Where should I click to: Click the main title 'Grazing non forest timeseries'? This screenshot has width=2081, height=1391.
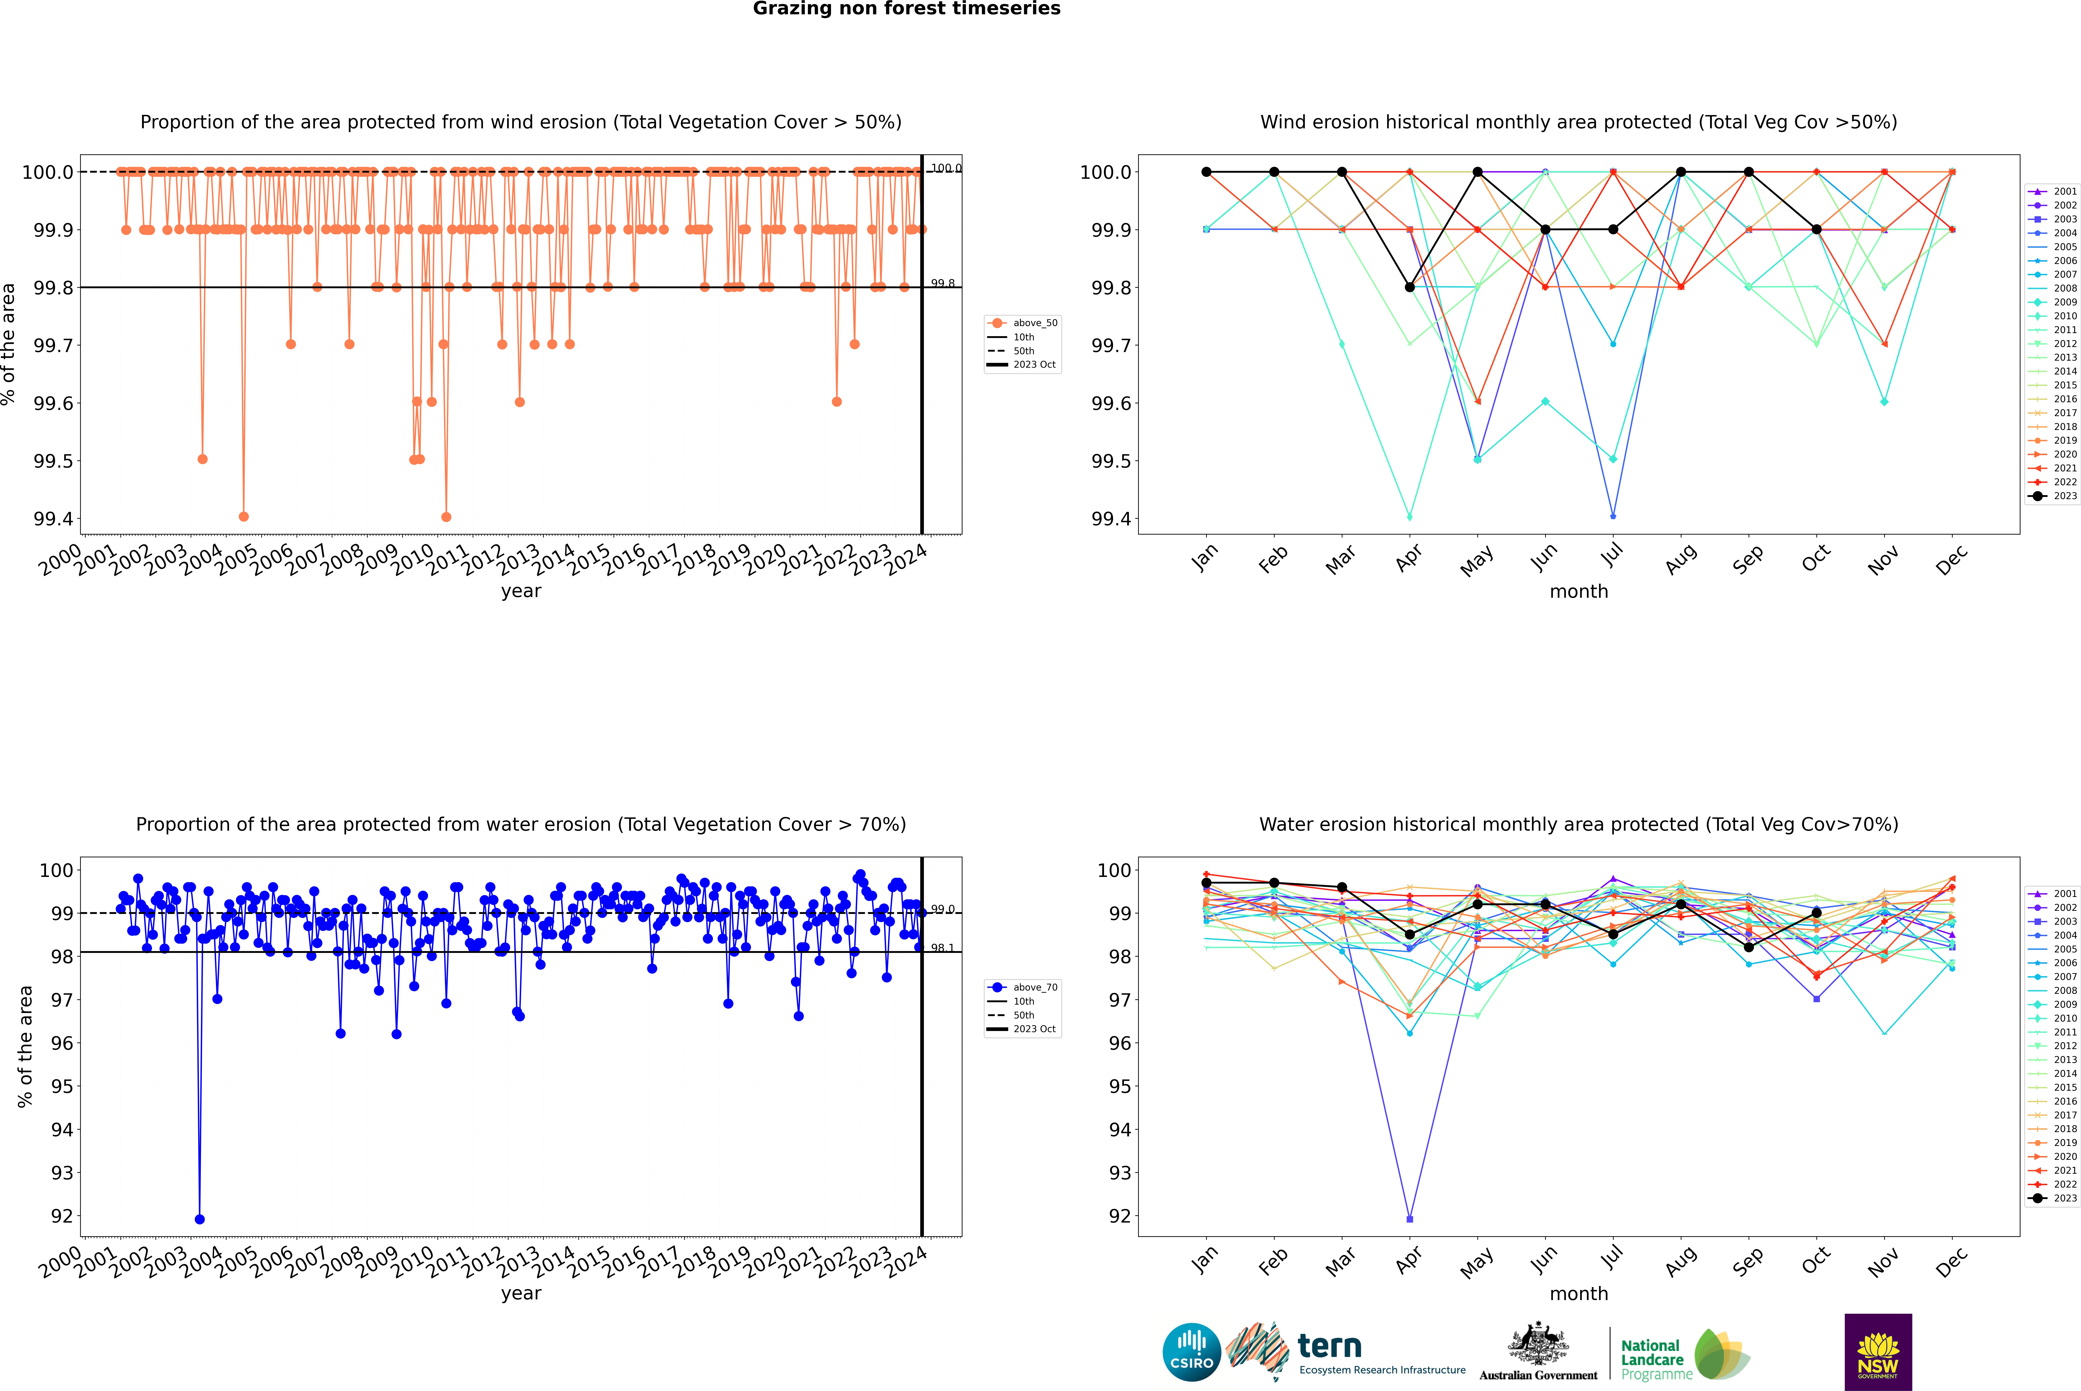pos(907,9)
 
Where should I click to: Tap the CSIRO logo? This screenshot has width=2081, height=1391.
pos(1191,1352)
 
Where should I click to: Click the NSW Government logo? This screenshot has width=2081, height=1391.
pos(1878,1352)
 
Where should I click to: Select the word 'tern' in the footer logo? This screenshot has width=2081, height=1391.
pos(1329,1346)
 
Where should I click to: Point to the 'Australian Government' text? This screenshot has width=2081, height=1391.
pos(1538,1375)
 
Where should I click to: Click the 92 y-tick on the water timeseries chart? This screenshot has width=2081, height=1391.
pos(62,1216)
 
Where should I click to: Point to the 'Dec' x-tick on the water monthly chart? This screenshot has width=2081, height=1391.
pos(1952,1261)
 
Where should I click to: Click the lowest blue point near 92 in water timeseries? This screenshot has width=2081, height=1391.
pos(200,1219)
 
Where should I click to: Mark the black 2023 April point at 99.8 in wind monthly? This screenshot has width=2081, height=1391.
pos(1410,288)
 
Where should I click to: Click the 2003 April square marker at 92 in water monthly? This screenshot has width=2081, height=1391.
pos(1410,1219)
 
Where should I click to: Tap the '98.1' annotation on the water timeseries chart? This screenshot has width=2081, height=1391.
pos(942,948)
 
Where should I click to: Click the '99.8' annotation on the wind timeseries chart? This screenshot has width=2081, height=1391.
pos(942,284)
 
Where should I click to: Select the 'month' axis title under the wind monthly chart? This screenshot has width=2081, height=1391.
pos(1578,592)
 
